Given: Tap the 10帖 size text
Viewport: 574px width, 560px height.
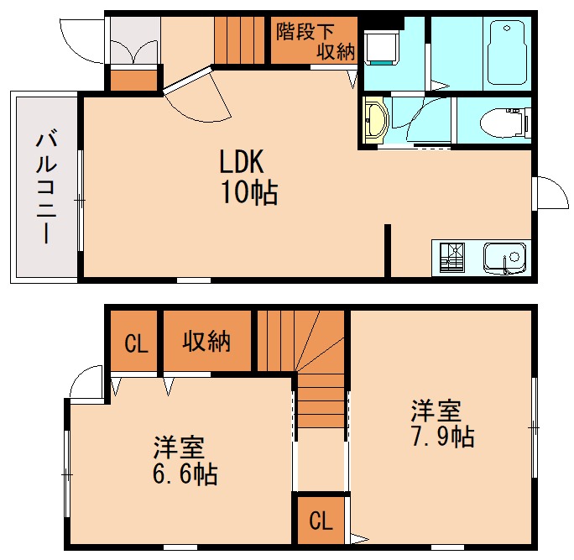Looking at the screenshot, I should pos(249,193).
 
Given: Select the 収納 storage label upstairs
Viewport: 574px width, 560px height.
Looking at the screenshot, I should pos(206,342).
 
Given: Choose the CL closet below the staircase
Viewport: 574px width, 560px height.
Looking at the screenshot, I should pos(320,521).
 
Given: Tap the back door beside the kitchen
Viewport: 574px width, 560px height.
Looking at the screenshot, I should pos(547,194).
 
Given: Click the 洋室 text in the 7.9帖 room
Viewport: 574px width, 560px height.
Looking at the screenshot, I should pos(436,412).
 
